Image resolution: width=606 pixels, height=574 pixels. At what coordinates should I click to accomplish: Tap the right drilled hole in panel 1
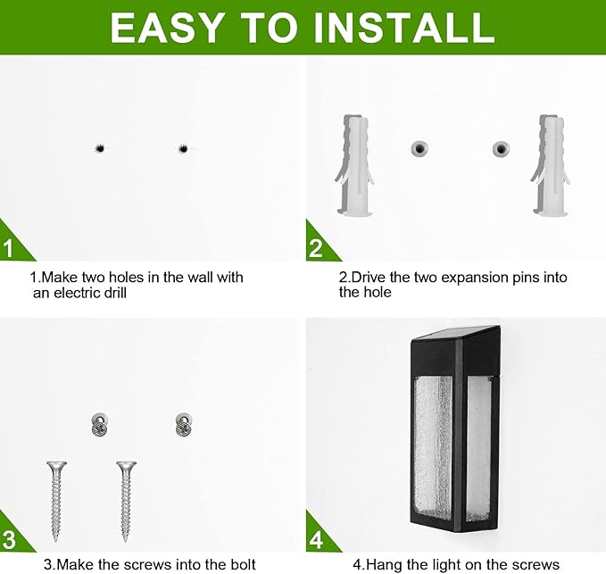(x=182, y=147)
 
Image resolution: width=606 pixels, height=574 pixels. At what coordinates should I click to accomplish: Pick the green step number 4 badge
(x=316, y=539)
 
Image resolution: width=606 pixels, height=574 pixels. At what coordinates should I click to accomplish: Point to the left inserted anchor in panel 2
(x=416, y=148)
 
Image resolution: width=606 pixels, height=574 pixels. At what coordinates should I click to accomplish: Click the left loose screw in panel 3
(x=57, y=500)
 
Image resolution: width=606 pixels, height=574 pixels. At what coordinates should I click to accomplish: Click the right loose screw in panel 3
(x=128, y=500)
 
